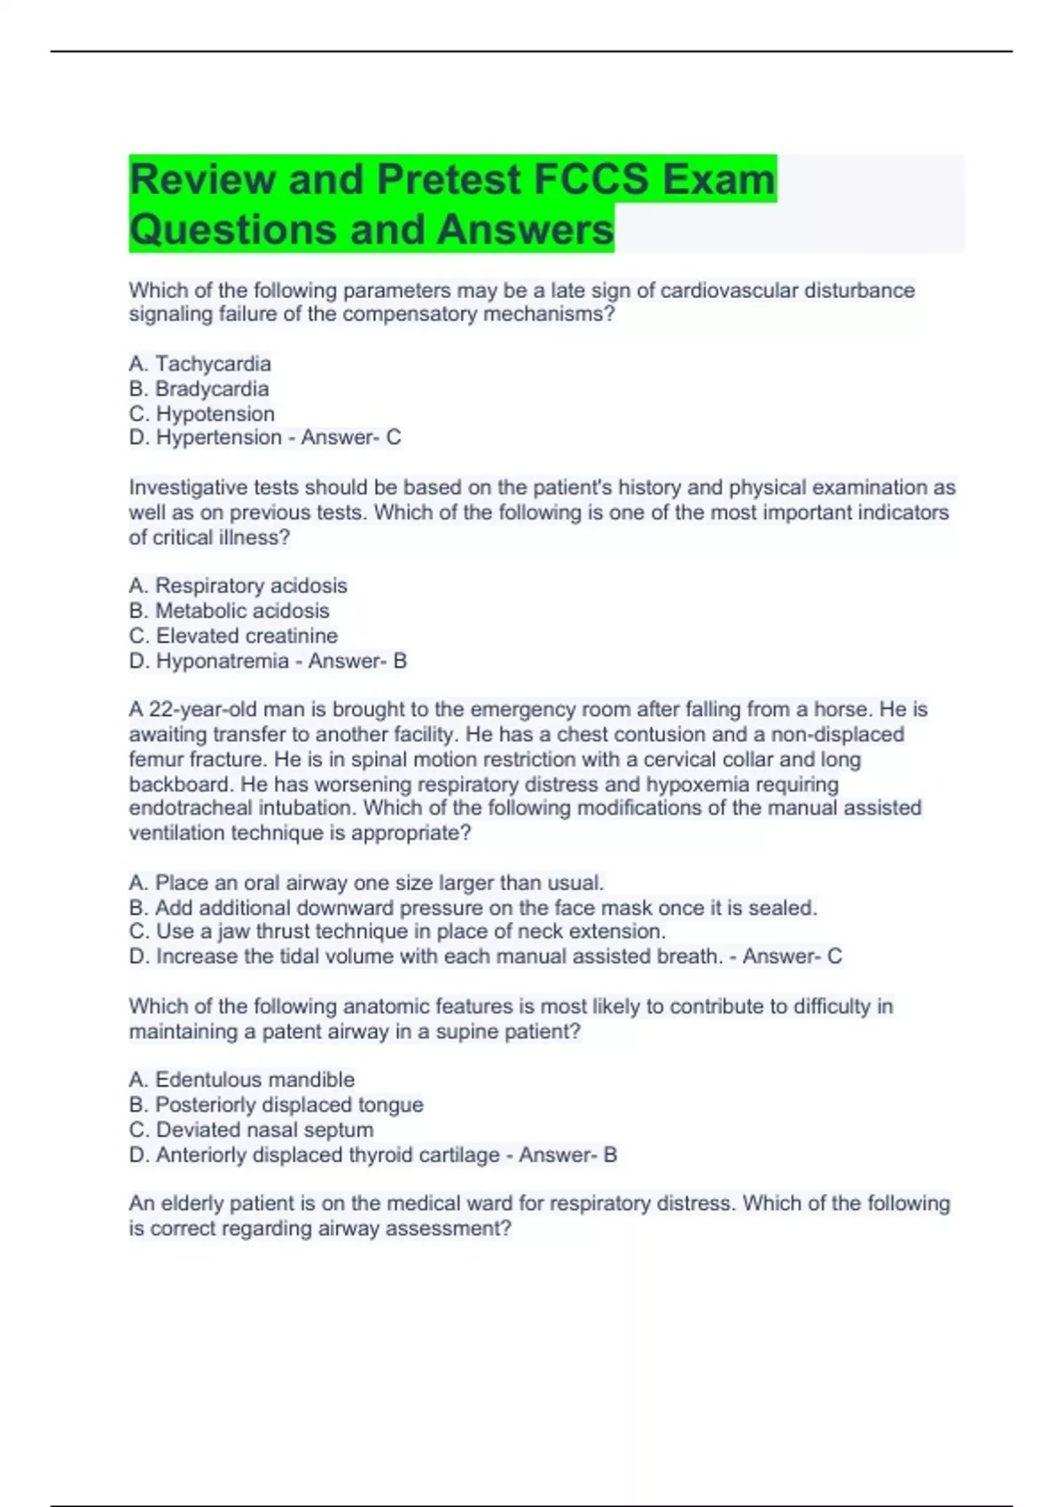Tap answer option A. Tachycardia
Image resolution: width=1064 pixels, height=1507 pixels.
tap(200, 363)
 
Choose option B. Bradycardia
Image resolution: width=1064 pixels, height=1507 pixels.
tap(199, 388)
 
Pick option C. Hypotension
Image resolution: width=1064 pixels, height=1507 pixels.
tap(202, 413)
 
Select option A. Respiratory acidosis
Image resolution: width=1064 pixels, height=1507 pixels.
tap(238, 585)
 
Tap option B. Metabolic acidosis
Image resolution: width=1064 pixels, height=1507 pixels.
tap(229, 610)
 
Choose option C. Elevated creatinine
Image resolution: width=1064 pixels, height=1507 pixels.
tap(233, 635)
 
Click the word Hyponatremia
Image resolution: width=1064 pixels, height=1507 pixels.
tap(223, 660)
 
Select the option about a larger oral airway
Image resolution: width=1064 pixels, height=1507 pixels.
tap(366, 882)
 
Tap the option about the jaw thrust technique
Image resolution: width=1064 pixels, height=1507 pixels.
tap(397, 931)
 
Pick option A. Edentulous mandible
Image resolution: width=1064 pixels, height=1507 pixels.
tap(241, 1079)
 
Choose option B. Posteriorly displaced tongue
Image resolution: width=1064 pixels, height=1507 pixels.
tap(276, 1104)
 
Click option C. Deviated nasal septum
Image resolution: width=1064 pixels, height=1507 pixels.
tap(251, 1129)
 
